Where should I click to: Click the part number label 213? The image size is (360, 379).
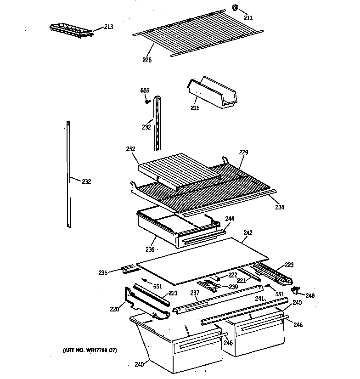108,27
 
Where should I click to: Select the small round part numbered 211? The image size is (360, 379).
235,8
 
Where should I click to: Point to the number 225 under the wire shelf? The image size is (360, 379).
146,60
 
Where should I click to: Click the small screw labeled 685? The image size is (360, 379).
148,102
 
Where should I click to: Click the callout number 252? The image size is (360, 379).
130,149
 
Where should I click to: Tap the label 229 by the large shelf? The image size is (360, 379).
243,152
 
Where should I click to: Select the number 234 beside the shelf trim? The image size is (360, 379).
280,207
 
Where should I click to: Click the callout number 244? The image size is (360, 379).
230,219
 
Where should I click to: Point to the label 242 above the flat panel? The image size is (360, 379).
248,233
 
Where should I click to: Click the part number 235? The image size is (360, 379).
103,273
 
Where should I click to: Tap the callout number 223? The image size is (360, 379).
289,265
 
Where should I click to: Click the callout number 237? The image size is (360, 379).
195,293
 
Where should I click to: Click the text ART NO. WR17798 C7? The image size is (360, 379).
90,351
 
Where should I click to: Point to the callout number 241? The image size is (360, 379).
259,299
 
